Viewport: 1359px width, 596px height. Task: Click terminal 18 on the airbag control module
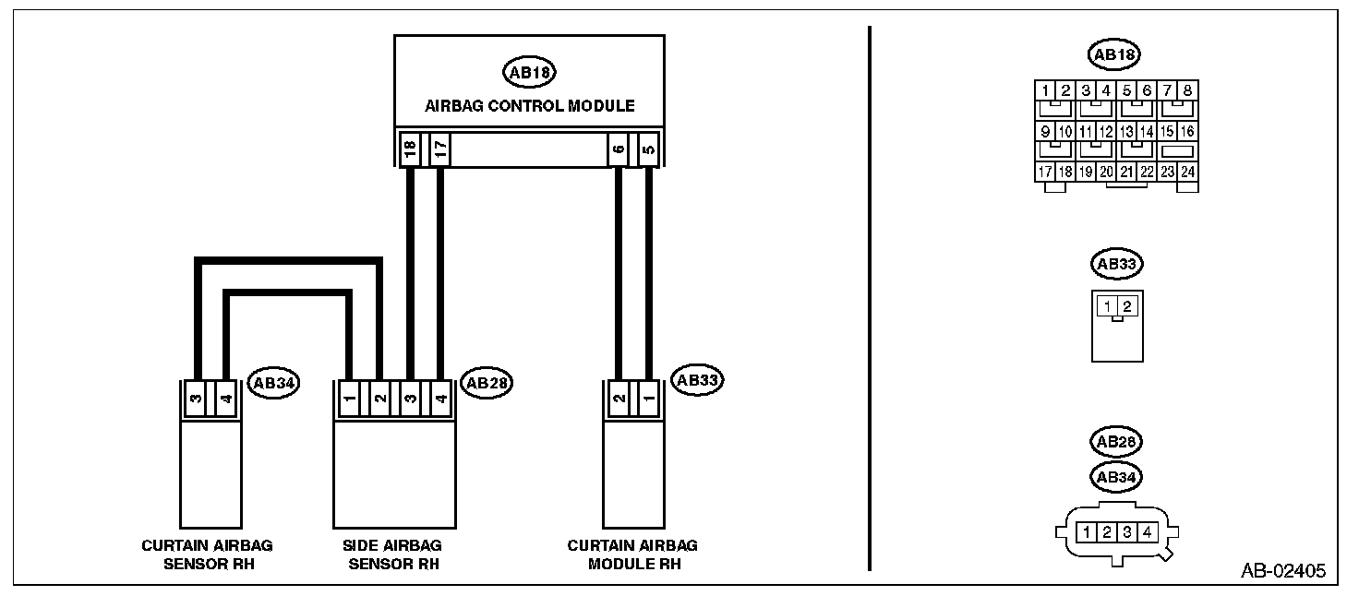[409, 149]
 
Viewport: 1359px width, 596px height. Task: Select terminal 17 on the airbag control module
[440, 149]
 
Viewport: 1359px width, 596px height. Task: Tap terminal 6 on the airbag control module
[618, 149]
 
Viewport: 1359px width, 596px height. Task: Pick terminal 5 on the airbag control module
[648, 149]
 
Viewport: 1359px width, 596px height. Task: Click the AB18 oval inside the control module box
[528, 72]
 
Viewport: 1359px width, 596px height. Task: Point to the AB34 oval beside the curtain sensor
[274, 384]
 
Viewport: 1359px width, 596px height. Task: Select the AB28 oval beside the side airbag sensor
[486, 383]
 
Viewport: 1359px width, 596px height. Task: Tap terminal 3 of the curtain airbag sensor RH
[196, 399]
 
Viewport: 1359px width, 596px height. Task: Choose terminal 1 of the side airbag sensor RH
[349, 399]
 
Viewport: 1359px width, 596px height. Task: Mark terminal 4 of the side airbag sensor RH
[440, 399]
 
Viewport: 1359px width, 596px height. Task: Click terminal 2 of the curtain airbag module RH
[618, 399]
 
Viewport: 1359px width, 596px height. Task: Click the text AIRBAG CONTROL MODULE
[529, 106]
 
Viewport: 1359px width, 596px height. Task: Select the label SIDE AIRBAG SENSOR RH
[394, 554]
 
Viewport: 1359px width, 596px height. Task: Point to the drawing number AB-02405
[1282, 571]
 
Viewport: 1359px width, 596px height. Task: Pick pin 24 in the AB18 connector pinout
[1188, 172]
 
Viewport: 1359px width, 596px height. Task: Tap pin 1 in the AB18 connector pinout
[1045, 90]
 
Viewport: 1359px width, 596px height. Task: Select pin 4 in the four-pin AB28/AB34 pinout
[1146, 532]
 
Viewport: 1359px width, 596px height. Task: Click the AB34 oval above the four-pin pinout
[1115, 477]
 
